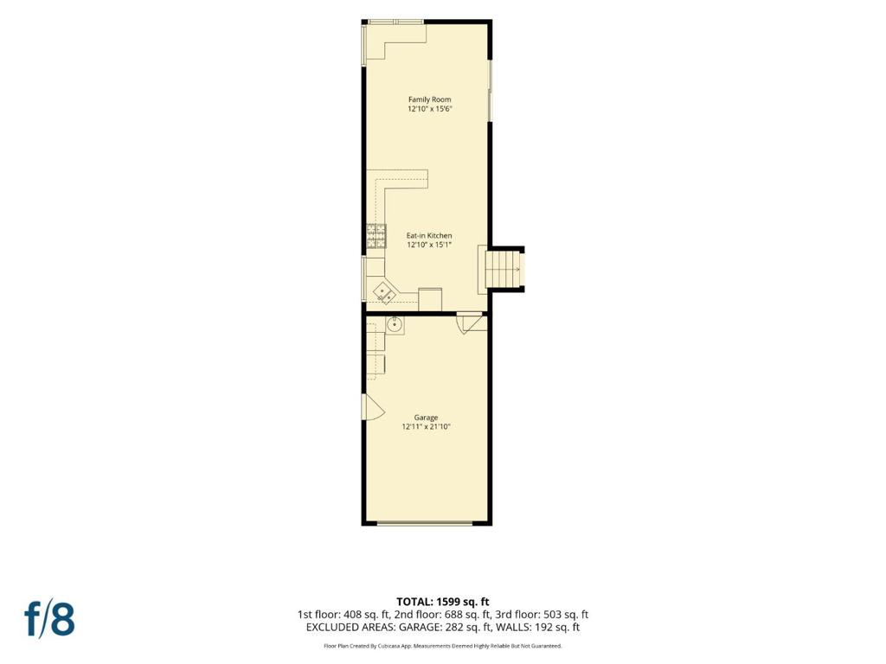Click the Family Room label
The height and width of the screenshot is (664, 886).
[429, 99]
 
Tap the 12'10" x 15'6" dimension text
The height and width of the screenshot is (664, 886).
[429, 109]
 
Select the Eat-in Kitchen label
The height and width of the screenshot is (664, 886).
[429, 235]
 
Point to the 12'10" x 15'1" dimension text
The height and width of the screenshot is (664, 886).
[429, 245]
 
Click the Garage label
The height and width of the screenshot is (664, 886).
[426, 418]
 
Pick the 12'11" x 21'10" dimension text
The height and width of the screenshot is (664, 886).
[426, 427]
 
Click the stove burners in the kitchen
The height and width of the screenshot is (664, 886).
[376, 237]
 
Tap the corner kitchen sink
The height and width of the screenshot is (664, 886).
[386, 293]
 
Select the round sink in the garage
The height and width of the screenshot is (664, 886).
[395, 324]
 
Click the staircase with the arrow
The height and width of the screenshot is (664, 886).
[504, 270]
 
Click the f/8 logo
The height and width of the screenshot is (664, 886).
[49, 619]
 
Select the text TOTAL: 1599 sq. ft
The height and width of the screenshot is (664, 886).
[442, 602]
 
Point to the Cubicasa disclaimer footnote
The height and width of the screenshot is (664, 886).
[442, 646]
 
